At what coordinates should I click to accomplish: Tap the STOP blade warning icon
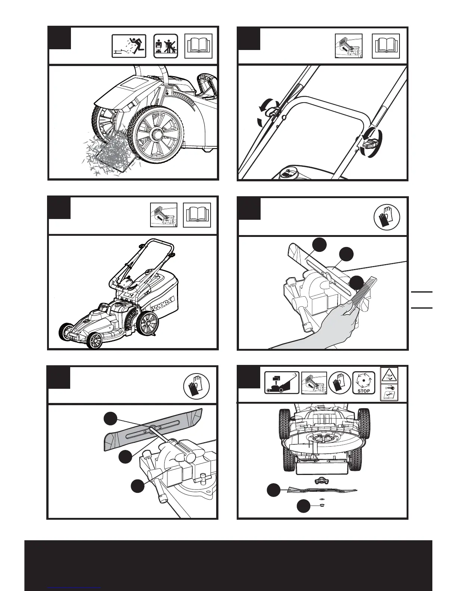(363, 383)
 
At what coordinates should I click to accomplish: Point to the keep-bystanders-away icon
(166, 46)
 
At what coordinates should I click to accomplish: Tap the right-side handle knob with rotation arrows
(372, 142)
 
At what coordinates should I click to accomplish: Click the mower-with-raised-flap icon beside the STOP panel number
(282, 383)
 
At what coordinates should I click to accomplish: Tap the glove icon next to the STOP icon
(339, 383)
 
